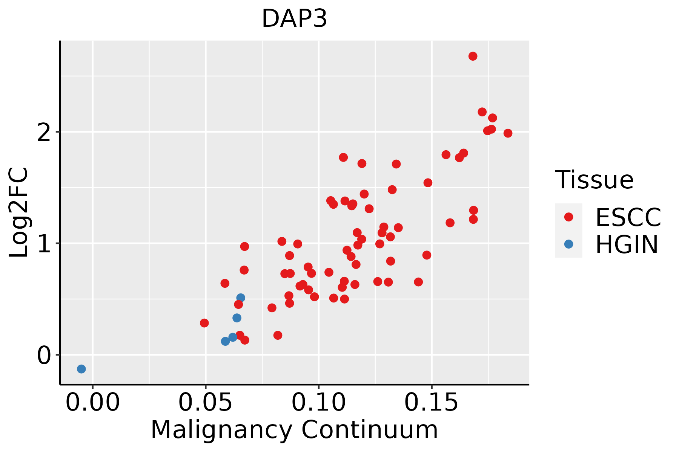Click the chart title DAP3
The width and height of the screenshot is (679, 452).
pos(294,18)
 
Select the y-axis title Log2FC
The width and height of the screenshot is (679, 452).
pos(18,213)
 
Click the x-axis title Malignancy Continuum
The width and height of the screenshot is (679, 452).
pos(294,430)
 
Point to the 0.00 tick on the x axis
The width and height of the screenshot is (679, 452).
pos(93,403)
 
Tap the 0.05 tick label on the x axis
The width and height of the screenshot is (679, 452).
pos(206,403)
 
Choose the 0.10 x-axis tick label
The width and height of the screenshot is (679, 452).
pos(319,403)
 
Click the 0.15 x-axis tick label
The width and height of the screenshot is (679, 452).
pos(432,403)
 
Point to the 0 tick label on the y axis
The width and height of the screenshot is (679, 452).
pos(44,355)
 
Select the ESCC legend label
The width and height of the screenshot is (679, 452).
pos(628,217)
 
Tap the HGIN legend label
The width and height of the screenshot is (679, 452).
pos(627,244)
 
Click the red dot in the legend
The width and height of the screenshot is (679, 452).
pos(568,217)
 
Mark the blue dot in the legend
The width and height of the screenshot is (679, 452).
pos(568,244)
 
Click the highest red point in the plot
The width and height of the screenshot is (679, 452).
pos(473,56)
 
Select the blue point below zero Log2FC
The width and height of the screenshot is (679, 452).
pos(81,369)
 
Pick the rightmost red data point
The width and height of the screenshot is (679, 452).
pos(508,133)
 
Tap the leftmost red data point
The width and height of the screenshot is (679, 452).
pos(204,323)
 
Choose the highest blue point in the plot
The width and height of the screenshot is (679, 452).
pos(241,298)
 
